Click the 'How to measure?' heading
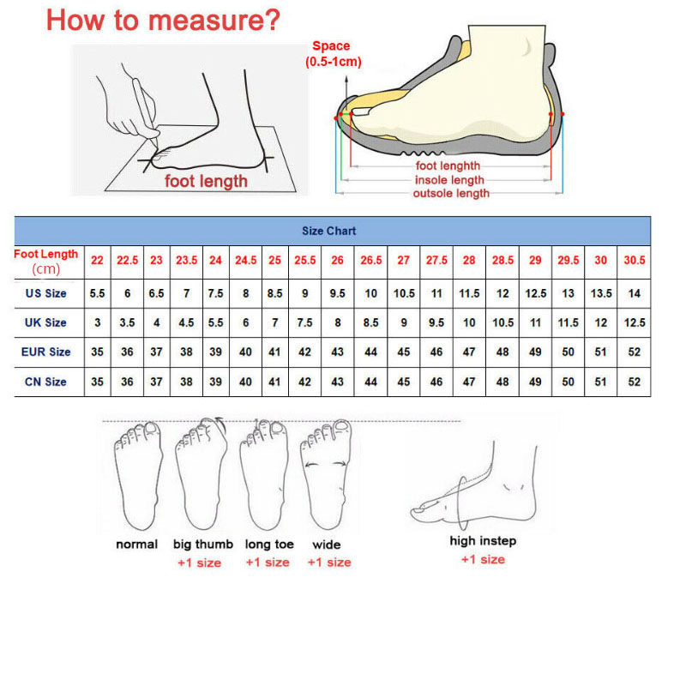163,20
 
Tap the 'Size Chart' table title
329,231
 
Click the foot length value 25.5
305,261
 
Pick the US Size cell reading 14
634,293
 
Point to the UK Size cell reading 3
97,323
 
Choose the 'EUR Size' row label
46,352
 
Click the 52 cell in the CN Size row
634,382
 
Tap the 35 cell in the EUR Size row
97,352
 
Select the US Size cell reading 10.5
404,293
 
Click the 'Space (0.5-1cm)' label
333,54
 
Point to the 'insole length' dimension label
449,180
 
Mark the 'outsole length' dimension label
451,193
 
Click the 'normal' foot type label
136,545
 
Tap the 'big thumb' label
203,545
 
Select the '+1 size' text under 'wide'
329,563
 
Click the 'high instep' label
483,541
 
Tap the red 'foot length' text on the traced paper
206,181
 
